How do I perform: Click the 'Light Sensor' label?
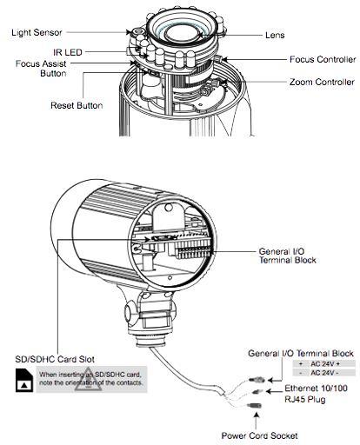37,32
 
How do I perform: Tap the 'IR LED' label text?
68,52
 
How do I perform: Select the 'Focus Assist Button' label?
41,69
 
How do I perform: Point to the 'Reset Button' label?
77,105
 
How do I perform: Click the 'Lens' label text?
275,35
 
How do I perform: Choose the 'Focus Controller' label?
323,59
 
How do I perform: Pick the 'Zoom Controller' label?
322,82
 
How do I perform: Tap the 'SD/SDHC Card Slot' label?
55,359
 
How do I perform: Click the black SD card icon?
25,381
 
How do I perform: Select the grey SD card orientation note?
91,379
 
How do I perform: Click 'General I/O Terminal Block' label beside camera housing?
287,256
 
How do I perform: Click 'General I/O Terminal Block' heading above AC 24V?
301,353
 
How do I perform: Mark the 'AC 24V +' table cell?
324,363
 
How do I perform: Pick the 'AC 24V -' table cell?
324,373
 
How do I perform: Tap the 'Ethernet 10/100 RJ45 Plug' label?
316,394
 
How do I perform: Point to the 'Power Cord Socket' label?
259,435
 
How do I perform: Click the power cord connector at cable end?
255,406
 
